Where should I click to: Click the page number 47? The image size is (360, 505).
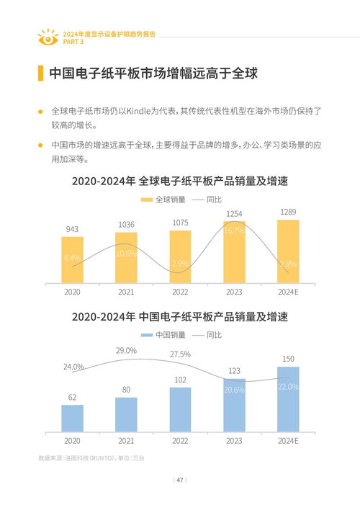pos(180,480)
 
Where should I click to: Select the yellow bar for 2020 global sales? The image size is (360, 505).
pos(72,259)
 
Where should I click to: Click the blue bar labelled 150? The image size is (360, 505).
pos(288,399)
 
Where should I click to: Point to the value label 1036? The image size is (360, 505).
pos(126,225)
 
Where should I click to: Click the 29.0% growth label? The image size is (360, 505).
pos(126,350)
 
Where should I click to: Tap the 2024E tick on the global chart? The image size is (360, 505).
pos(288,292)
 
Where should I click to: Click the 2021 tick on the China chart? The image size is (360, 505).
pos(126,440)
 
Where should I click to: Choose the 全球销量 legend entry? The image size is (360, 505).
pos(163,199)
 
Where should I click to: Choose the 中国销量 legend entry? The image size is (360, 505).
pos(163,335)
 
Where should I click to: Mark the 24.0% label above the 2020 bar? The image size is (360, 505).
pos(73,367)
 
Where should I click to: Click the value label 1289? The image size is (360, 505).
pos(288,211)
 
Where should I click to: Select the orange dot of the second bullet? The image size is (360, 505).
pos(41,146)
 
